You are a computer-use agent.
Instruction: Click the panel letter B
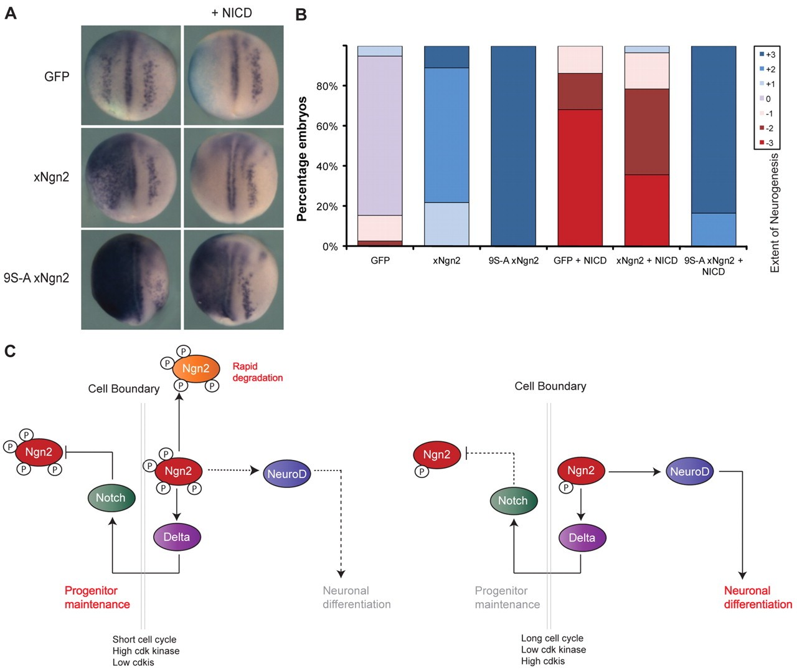(301, 14)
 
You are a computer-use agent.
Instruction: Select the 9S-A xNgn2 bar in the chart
(513, 146)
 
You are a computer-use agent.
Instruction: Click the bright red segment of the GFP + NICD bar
(580, 178)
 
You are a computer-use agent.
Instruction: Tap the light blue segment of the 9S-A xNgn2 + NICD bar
(713, 229)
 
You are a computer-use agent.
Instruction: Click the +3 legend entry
(766, 54)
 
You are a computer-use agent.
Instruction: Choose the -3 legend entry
(766, 143)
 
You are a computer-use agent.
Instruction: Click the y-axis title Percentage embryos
(303, 158)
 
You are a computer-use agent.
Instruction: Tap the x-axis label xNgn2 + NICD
(646, 261)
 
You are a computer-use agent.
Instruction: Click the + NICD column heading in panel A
(232, 13)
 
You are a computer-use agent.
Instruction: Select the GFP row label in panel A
(57, 77)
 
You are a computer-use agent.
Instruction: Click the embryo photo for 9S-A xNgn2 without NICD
(131, 279)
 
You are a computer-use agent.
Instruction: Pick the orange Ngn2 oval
(196, 368)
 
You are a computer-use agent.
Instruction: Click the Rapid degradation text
(257, 372)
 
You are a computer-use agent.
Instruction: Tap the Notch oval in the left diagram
(110, 498)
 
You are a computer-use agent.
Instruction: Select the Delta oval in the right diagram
(582, 538)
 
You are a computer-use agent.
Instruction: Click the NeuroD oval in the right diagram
(689, 472)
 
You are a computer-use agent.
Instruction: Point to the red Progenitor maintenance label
(97, 597)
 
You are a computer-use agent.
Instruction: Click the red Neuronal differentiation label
(757, 597)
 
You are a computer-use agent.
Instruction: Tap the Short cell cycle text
(144, 639)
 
